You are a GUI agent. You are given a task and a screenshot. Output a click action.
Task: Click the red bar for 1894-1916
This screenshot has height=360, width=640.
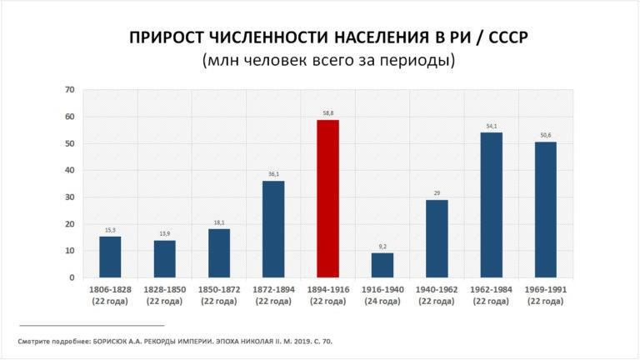[327, 198]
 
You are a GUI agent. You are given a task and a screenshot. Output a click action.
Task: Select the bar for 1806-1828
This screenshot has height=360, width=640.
[110, 257]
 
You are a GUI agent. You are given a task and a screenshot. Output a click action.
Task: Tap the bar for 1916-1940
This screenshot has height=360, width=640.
[382, 265]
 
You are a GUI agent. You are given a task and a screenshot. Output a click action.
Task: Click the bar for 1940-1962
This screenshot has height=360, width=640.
[437, 238]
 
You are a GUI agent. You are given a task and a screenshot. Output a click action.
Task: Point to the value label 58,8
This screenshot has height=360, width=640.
[327, 112]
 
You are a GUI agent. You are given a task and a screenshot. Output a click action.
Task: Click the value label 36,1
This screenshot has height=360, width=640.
[273, 173]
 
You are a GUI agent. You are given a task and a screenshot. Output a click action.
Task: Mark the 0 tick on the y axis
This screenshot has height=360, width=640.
[72, 277]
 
